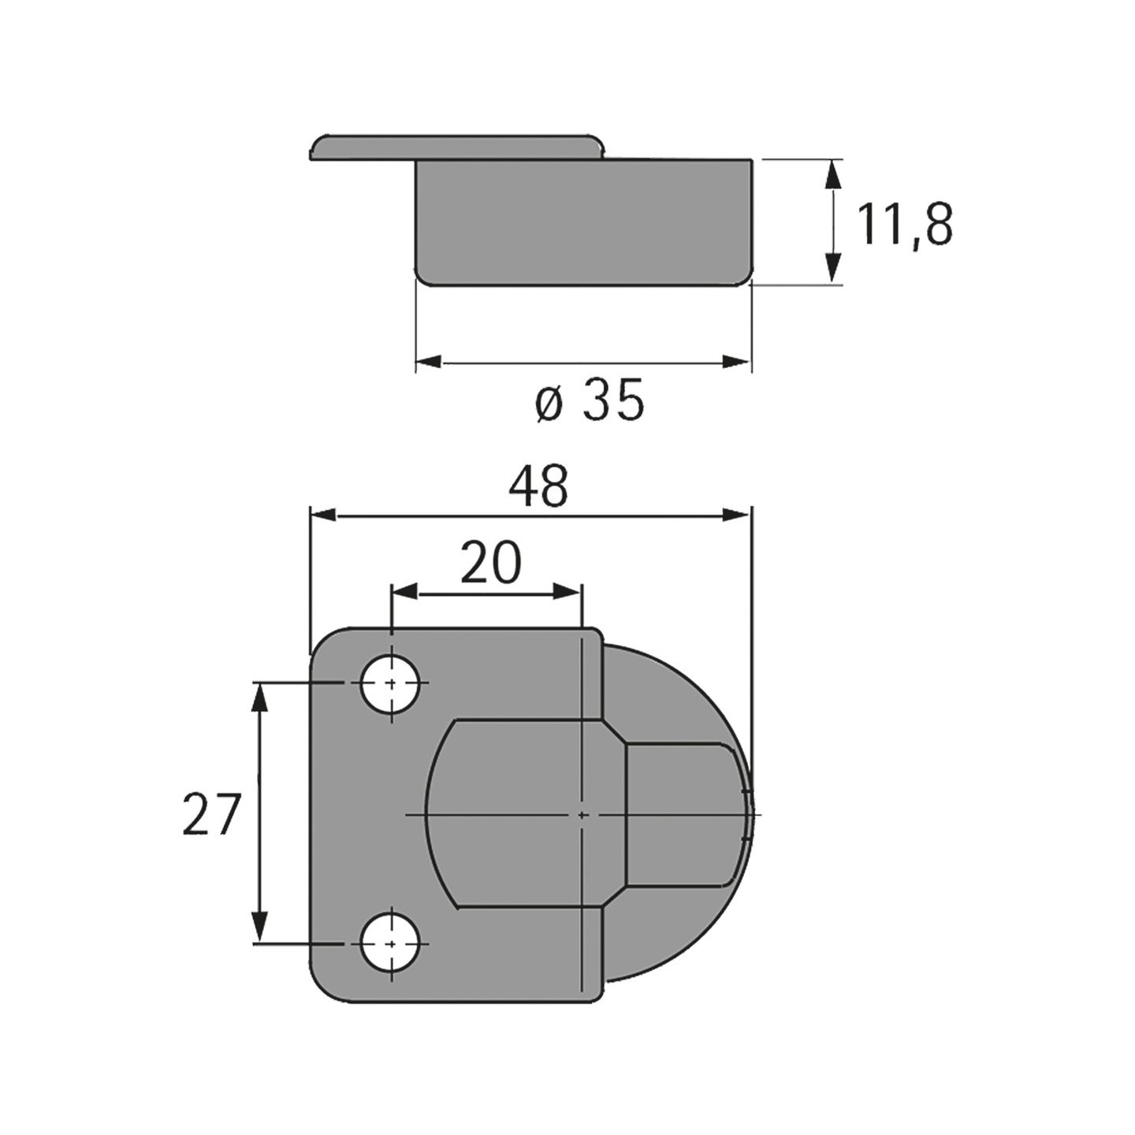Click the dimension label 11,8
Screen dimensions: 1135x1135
tap(903, 225)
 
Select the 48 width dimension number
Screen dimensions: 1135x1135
tap(539, 486)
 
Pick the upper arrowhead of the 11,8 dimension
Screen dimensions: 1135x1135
tap(832, 173)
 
